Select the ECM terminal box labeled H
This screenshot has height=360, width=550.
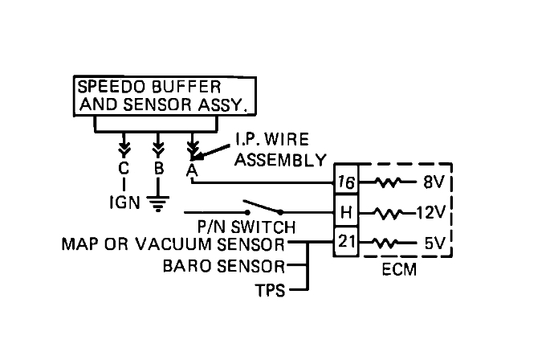(346, 211)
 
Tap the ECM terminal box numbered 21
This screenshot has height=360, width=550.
(346, 242)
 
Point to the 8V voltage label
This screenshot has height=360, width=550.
(434, 182)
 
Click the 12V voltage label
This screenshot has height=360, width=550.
(430, 212)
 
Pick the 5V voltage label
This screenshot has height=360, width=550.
(435, 243)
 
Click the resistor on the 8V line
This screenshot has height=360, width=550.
(388, 182)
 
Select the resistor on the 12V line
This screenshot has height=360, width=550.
(389, 213)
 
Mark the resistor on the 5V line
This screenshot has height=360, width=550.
(385, 243)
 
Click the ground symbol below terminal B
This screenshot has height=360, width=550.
(158, 204)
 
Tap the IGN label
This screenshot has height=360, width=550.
(125, 202)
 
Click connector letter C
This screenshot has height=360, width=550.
(124, 169)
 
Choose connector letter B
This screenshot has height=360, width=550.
(159, 169)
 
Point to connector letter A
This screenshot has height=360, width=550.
(192, 170)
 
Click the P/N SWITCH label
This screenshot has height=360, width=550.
(246, 227)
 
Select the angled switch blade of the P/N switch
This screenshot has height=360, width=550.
(262, 207)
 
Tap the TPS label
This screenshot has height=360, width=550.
(271, 291)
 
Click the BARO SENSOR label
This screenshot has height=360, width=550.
(224, 267)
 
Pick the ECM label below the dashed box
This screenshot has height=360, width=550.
(399, 270)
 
